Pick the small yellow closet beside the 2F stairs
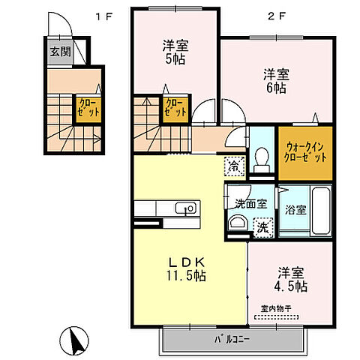click(175, 107)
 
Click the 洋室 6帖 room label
click(275, 81)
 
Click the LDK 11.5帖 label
click(186, 268)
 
